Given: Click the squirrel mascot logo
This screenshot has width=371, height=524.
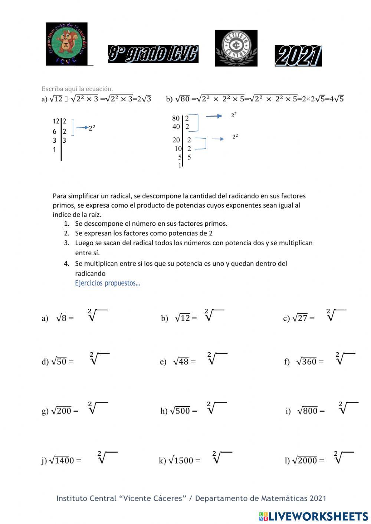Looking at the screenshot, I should pyautogui.click(x=66, y=44).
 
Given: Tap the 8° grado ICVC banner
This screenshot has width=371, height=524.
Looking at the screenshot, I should pyautogui.click(x=153, y=54).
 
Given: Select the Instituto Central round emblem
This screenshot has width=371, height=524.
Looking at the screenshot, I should pyautogui.click(x=236, y=48).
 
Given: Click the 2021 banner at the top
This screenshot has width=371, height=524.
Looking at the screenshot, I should pyautogui.click(x=298, y=56).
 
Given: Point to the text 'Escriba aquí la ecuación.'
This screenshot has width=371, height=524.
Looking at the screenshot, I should pyautogui.click(x=77, y=89).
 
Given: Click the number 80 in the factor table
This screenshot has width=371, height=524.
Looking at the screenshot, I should pyautogui.click(x=176, y=118).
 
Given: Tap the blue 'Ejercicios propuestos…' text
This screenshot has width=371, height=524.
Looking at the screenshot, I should pyautogui.click(x=108, y=283).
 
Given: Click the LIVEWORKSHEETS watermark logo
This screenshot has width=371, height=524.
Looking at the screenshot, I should pyautogui.click(x=313, y=516).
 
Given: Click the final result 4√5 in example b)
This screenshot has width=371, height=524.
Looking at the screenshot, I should pyautogui.click(x=336, y=99).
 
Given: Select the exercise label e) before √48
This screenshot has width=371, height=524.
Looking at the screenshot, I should pyautogui.click(x=163, y=362).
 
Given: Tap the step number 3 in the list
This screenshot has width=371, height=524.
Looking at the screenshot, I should pyautogui.click(x=67, y=243).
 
